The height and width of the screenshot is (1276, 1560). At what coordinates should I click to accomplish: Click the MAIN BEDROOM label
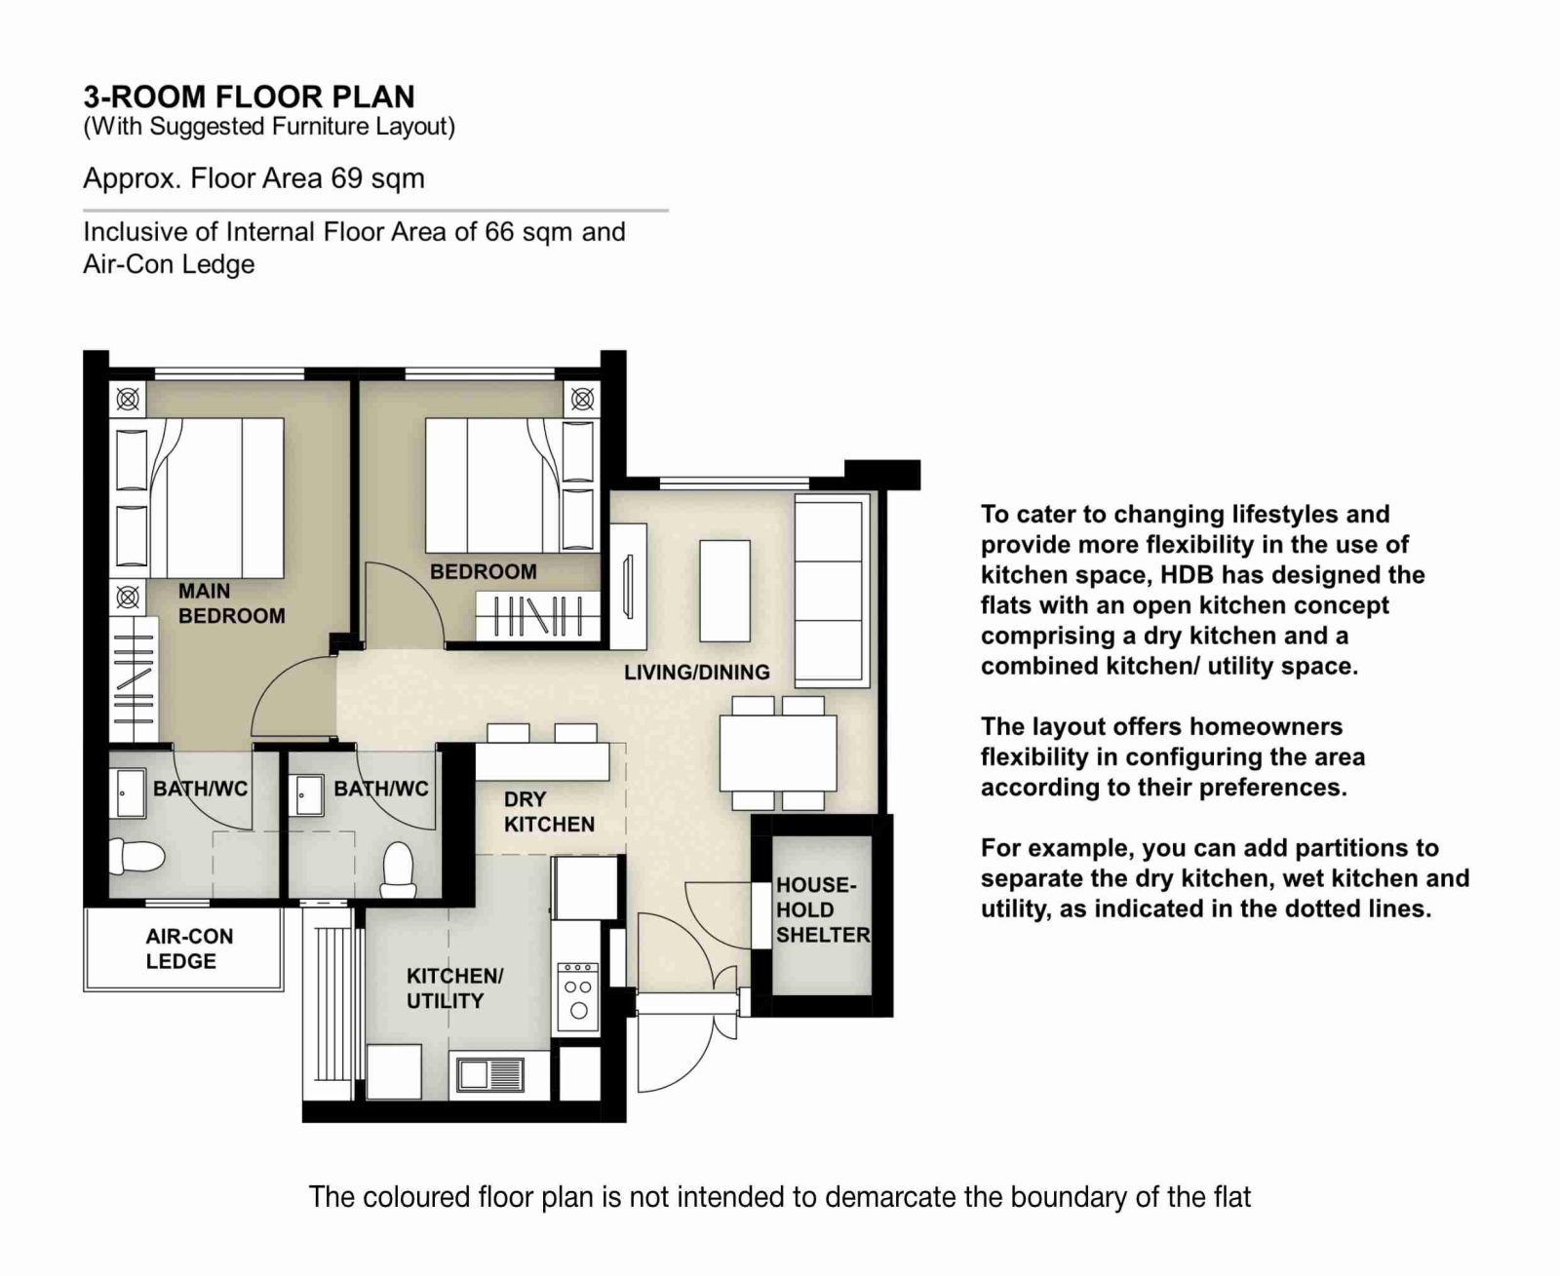(231, 603)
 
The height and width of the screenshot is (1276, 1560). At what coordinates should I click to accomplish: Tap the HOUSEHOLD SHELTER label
(822, 909)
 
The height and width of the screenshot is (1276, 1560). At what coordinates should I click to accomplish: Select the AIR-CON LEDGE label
(189, 948)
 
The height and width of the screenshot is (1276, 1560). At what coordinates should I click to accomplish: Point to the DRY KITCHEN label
(549, 812)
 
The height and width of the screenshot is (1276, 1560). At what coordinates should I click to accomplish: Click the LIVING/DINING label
(696, 672)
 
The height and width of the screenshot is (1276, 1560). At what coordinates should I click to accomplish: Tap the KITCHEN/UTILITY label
(454, 987)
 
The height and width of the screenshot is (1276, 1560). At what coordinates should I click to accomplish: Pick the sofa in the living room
(831, 589)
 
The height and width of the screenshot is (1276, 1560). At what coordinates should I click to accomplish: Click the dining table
(778, 753)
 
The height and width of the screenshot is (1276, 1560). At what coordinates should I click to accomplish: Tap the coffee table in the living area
(724, 590)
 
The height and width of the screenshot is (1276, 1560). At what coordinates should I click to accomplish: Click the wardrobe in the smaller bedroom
(537, 616)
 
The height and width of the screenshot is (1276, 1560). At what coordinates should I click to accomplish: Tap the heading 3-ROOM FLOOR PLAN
(249, 97)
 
